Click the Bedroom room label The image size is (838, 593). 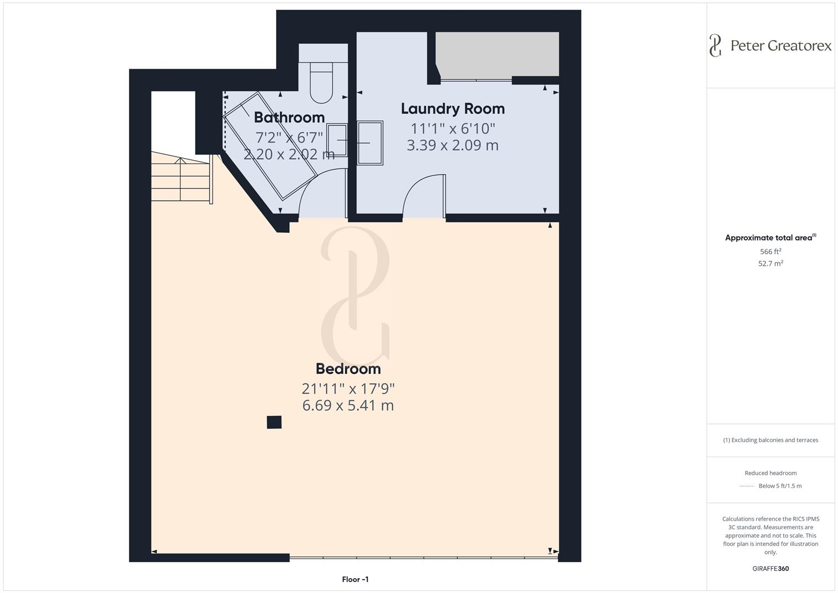[x=348, y=368]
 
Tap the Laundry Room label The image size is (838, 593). [x=453, y=109]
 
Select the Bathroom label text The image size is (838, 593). [x=289, y=118]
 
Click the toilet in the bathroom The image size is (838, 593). [x=322, y=82]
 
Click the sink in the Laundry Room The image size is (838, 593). [x=370, y=143]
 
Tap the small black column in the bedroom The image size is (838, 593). [x=274, y=422]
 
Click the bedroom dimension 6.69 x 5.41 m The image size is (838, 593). [x=348, y=406]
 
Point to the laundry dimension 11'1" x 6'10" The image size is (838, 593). [x=453, y=128]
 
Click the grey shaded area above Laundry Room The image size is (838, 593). [x=497, y=54]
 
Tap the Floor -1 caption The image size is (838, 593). [x=355, y=579]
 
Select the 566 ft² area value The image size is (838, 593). [x=770, y=251]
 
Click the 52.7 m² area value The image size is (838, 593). [x=770, y=264]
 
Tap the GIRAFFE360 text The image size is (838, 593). [x=770, y=569]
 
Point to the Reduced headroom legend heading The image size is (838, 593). [x=770, y=473]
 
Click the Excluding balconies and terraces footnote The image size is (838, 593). [x=770, y=440]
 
